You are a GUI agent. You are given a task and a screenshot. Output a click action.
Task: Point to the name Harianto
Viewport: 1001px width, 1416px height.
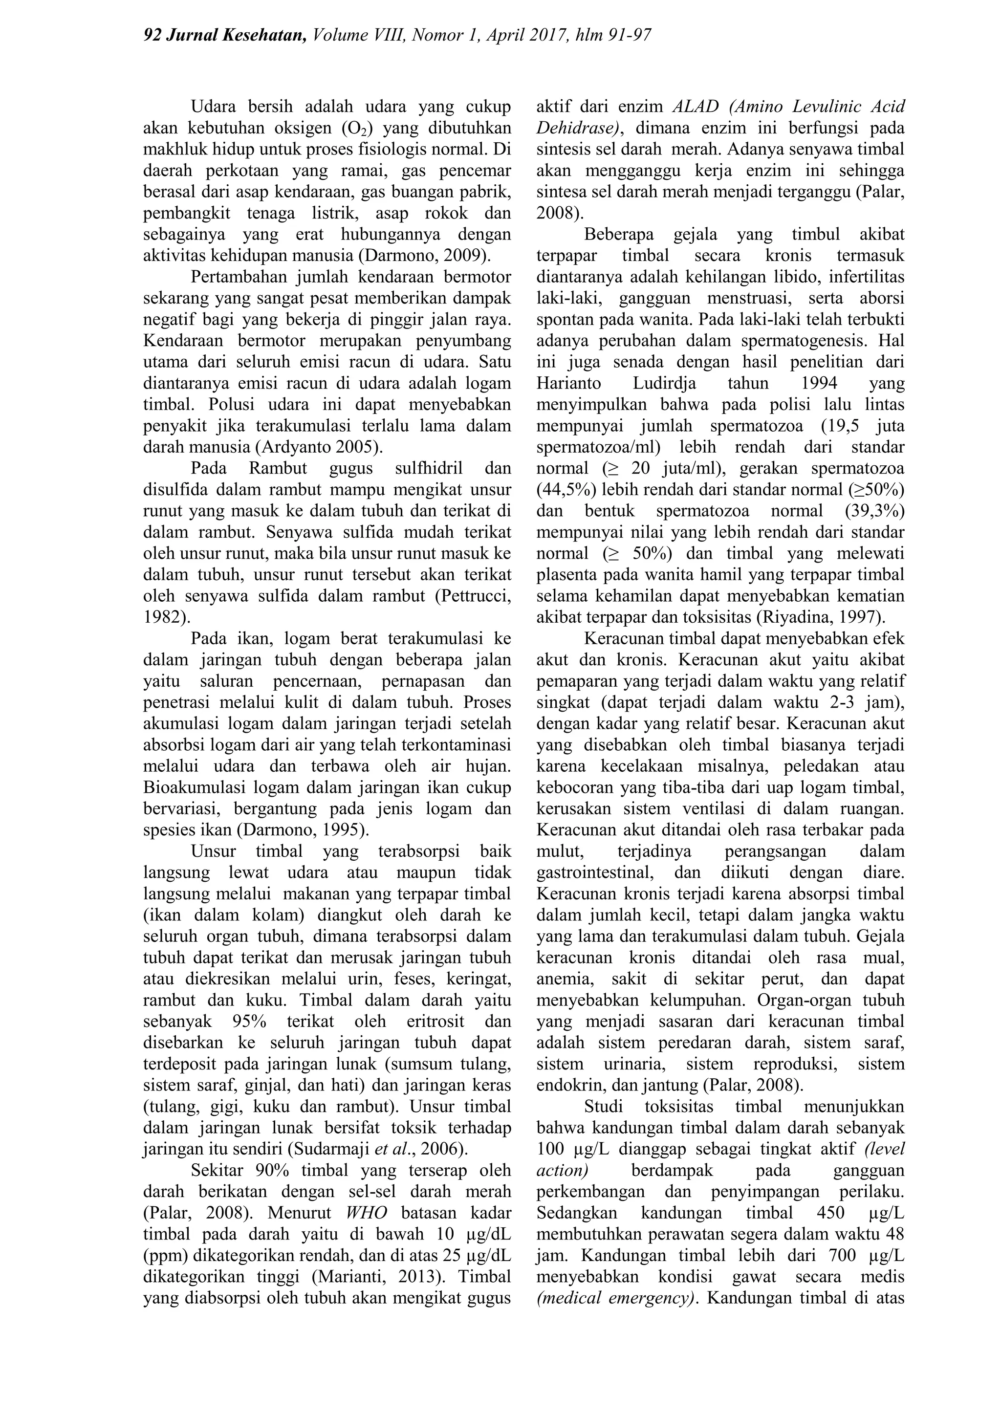click(x=568, y=384)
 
